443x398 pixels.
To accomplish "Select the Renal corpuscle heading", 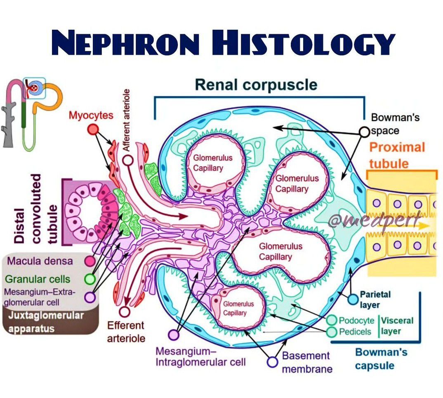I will [256, 85].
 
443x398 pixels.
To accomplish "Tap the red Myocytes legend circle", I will [94, 130].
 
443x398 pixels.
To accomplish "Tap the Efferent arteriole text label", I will [126, 332].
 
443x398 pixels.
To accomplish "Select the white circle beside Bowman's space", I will [364, 132].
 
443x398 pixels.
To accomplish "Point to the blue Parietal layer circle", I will [353, 299].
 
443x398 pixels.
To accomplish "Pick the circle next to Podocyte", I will [332, 320].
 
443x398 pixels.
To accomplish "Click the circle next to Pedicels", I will [332, 332].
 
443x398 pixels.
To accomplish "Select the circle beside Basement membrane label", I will [272, 362].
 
